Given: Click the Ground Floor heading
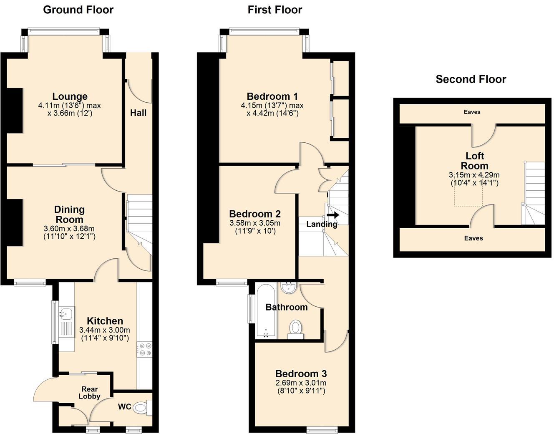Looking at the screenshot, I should pyautogui.click(x=78, y=10).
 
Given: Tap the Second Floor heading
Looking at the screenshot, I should pyautogui.click(x=471, y=79).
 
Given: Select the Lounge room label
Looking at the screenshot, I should pyautogui.click(x=70, y=97).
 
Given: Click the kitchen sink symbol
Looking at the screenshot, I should pyautogui.click(x=67, y=312).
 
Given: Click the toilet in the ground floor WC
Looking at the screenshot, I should pyautogui.click(x=142, y=407).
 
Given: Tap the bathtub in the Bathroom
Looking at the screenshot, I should pyautogui.click(x=266, y=311).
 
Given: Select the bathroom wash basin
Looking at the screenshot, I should pyautogui.click(x=288, y=288).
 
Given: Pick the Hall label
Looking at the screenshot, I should pyautogui.click(x=138, y=113).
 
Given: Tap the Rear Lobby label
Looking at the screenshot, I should pyautogui.click(x=89, y=393).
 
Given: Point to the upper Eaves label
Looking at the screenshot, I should pyautogui.click(x=472, y=112).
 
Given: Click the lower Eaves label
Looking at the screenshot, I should pyautogui.click(x=473, y=238).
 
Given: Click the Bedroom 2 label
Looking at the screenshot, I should pyautogui.click(x=255, y=214).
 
